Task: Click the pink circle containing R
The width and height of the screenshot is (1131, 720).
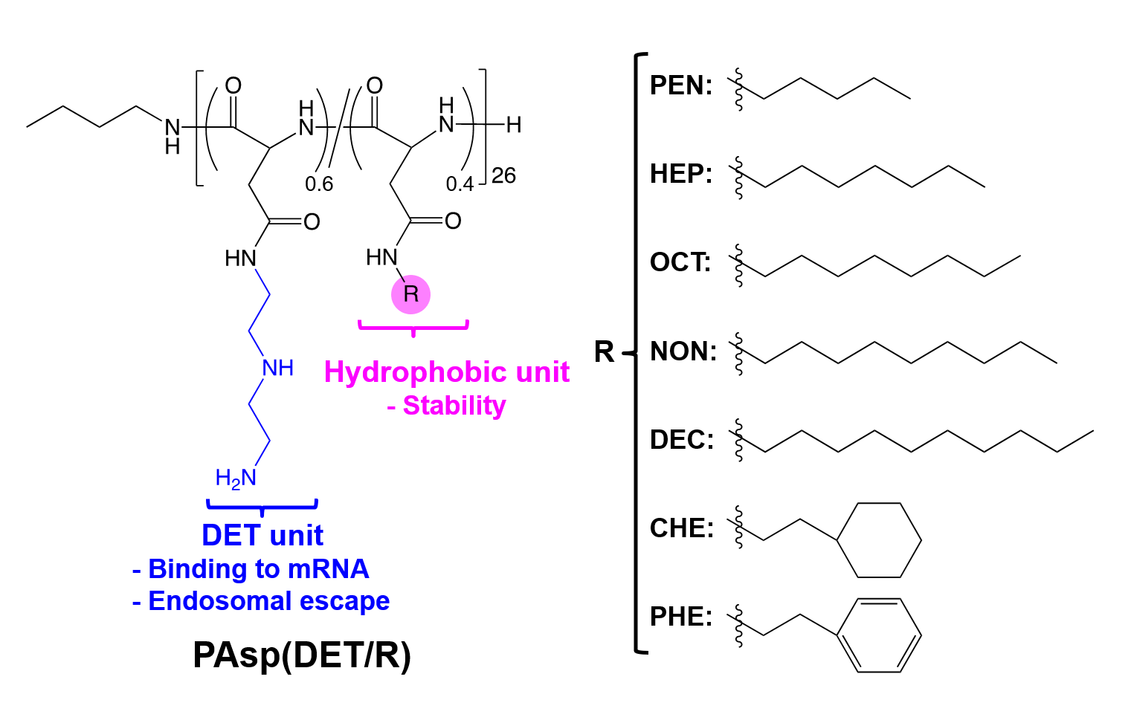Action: click(x=410, y=294)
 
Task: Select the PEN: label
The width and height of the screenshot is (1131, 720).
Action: click(x=680, y=85)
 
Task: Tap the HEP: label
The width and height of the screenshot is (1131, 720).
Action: click(x=680, y=174)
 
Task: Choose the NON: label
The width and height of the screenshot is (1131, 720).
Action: click(x=683, y=351)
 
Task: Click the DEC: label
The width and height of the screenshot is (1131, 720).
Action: click(x=682, y=439)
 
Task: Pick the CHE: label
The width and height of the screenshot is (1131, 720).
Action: click(x=682, y=528)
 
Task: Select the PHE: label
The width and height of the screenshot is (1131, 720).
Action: click(x=680, y=616)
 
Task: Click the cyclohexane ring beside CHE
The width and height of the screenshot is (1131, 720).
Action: click(x=879, y=540)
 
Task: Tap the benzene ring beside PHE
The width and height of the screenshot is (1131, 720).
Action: click(x=879, y=635)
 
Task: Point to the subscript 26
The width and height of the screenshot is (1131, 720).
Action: click(x=503, y=176)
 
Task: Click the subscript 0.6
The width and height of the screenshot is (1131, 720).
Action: click(x=319, y=184)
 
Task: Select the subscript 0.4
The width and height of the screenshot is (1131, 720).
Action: click(x=460, y=184)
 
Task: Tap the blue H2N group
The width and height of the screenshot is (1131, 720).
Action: click(x=236, y=479)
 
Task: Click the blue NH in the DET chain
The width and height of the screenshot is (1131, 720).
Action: click(x=277, y=368)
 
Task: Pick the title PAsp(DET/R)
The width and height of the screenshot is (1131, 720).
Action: click(x=301, y=655)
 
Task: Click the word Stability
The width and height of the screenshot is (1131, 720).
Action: click(x=454, y=406)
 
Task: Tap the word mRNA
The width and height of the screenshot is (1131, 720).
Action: click(x=328, y=569)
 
